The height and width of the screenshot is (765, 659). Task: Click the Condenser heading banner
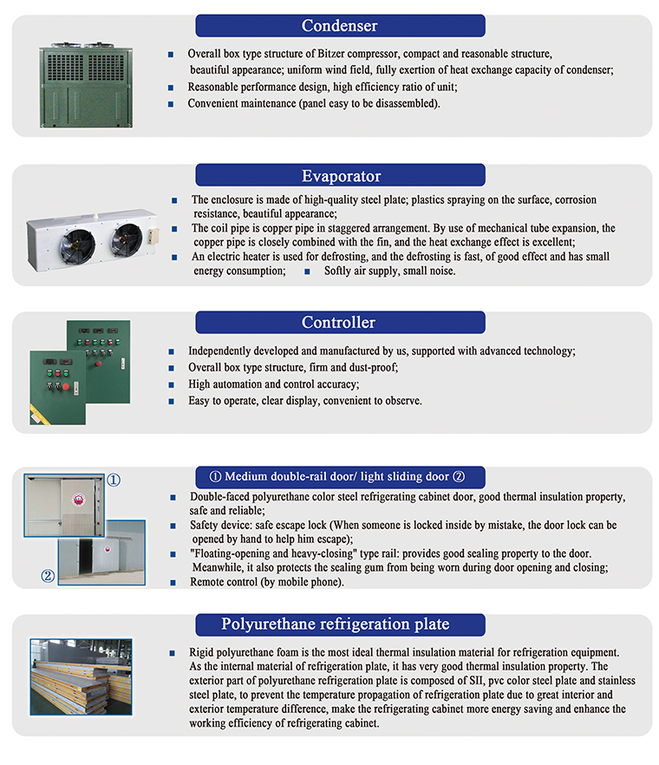coord(339,25)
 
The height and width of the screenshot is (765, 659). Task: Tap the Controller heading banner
coord(338,323)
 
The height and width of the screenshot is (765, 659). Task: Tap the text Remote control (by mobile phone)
coord(265,582)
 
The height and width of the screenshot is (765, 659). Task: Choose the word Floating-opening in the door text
coord(235,553)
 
